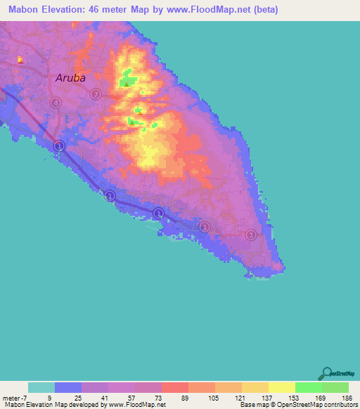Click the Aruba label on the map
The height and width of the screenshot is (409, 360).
(x=70, y=78)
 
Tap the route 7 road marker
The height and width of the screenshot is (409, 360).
(x=94, y=94)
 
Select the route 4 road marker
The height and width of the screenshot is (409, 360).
(x=56, y=103)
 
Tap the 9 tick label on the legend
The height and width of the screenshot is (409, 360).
(x=49, y=398)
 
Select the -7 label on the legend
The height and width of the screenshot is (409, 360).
(x=21, y=398)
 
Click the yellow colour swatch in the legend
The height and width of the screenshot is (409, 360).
(x=281, y=387)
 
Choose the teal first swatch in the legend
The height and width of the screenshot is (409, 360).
(x=41, y=387)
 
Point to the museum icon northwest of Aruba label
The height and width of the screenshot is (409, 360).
(x=20, y=60)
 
